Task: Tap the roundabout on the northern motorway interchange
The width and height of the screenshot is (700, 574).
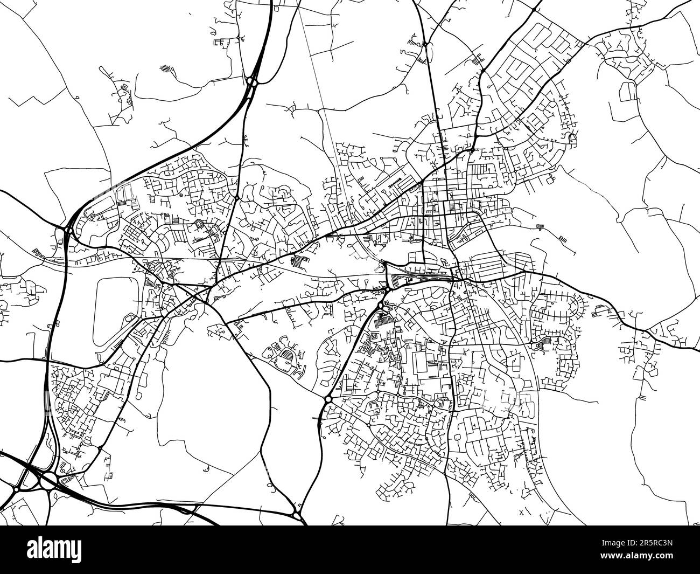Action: tap(251, 81)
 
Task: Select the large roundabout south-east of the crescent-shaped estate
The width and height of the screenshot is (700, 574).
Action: tap(328, 399)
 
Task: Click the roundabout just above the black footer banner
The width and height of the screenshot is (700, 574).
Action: tap(297, 515)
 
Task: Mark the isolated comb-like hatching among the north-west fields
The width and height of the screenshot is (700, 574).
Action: tap(168, 70)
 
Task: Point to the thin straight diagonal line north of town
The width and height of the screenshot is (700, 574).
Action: tap(323, 108)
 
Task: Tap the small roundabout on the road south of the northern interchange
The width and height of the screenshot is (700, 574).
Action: tap(236, 197)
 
